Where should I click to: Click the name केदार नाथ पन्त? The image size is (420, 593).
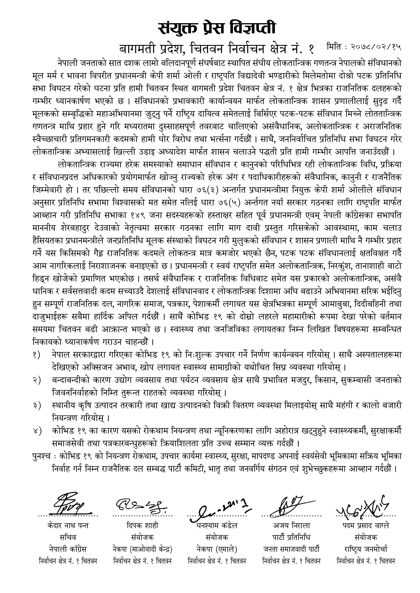[x=68, y=526]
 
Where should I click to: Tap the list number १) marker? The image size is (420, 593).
[x=36, y=355]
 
